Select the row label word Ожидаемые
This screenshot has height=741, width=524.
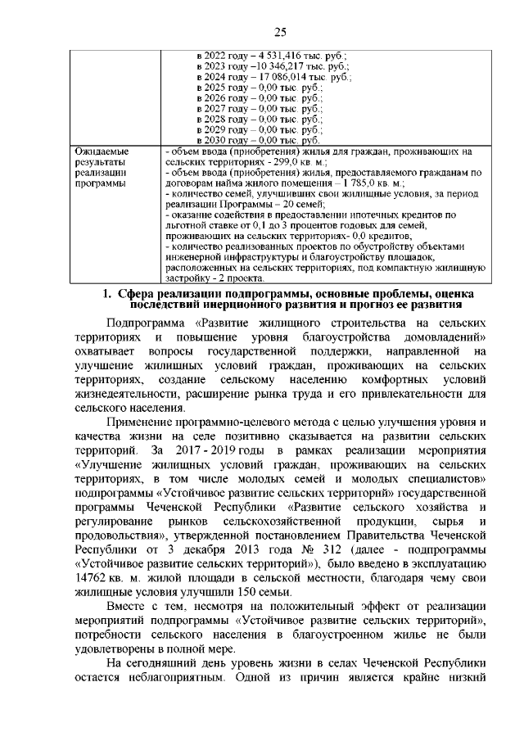point(98,151)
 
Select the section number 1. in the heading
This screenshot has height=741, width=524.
point(106,294)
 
